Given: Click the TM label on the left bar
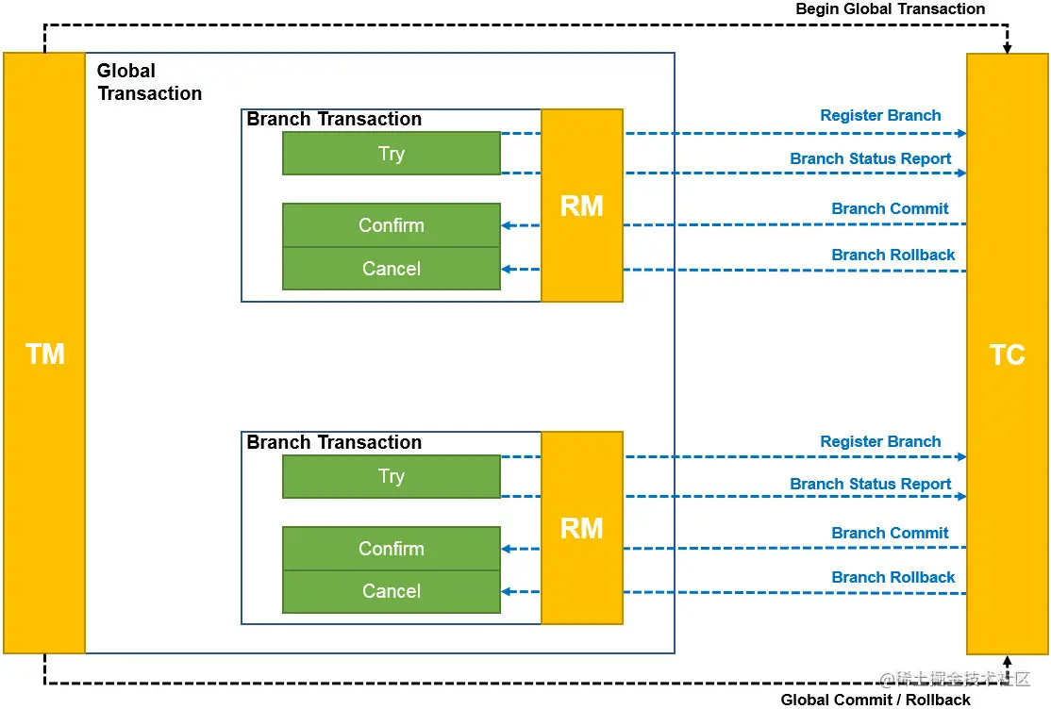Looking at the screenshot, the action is click(45, 354).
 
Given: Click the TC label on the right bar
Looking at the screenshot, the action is click(1008, 354).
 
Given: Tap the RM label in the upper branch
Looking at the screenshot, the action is click(582, 206).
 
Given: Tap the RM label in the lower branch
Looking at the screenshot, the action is click(582, 529).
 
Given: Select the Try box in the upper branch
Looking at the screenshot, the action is click(392, 154).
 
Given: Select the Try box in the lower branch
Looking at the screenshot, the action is click(392, 476).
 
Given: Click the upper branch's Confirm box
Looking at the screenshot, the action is click(392, 225).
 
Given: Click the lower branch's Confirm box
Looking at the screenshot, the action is click(392, 549).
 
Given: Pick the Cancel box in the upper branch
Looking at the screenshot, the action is click(392, 269).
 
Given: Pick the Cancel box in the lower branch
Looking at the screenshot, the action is click(392, 592).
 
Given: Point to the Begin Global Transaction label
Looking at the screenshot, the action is click(890, 8).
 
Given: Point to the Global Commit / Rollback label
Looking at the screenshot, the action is click(876, 700).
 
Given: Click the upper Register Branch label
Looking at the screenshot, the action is click(881, 115).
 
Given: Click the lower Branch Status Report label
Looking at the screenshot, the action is click(871, 484).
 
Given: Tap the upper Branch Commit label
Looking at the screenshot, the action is click(890, 208).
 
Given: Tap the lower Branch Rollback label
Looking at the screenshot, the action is click(893, 577).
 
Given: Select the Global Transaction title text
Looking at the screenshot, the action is click(149, 82).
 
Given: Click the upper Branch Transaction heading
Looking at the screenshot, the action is click(334, 120).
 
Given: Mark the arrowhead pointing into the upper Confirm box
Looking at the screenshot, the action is click(506, 226).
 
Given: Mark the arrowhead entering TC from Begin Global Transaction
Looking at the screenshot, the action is click(1007, 49).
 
